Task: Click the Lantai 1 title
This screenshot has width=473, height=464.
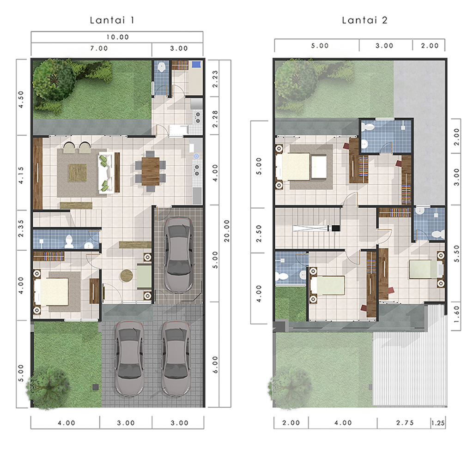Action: pyautogui.click(x=112, y=20)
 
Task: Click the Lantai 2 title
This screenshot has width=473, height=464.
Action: pyautogui.click(x=364, y=20)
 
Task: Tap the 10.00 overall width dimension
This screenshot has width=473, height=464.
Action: pyautogui.click(x=117, y=37)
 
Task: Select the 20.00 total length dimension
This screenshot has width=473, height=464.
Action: pyautogui.click(x=226, y=231)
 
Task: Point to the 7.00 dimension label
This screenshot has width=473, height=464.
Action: pyautogui.click(x=99, y=48)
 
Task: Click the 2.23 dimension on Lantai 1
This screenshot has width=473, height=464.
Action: pyautogui.click(x=215, y=79)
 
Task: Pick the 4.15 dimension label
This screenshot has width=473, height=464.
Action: pyautogui.click(x=20, y=175)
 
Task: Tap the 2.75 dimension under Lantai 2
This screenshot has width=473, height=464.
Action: pyautogui.click(x=405, y=423)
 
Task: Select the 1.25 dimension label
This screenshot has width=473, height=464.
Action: pyautogui.click(x=438, y=423)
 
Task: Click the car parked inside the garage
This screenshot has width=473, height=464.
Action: pyautogui.click(x=179, y=255)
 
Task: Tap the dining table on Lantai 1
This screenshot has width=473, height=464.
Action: pyautogui.click(x=150, y=171)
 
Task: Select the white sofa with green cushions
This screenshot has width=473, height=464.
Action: pyautogui.click(x=106, y=173)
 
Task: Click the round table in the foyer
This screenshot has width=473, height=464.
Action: pyautogui.click(x=127, y=275)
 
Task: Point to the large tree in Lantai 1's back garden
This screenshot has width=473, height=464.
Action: pyautogui.click(x=54, y=80)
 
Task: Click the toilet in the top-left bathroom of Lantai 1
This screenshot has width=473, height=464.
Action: pyautogui.click(x=162, y=66)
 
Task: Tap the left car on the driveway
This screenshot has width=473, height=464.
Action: pyautogui.click(x=130, y=359)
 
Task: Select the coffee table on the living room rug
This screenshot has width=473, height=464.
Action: pyautogui.click(x=78, y=173)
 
